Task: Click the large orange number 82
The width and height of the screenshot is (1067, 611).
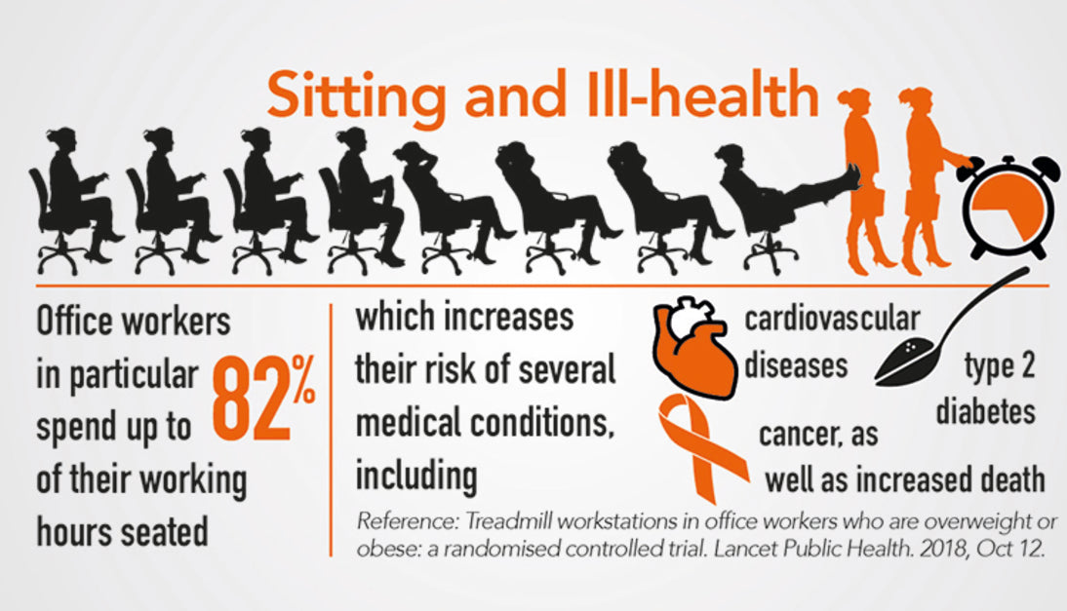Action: (x=251, y=399)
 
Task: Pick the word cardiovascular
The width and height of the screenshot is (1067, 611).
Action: (x=832, y=320)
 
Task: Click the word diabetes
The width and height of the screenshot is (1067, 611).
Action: (x=986, y=412)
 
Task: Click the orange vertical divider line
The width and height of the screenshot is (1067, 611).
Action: (x=332, y=430)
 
